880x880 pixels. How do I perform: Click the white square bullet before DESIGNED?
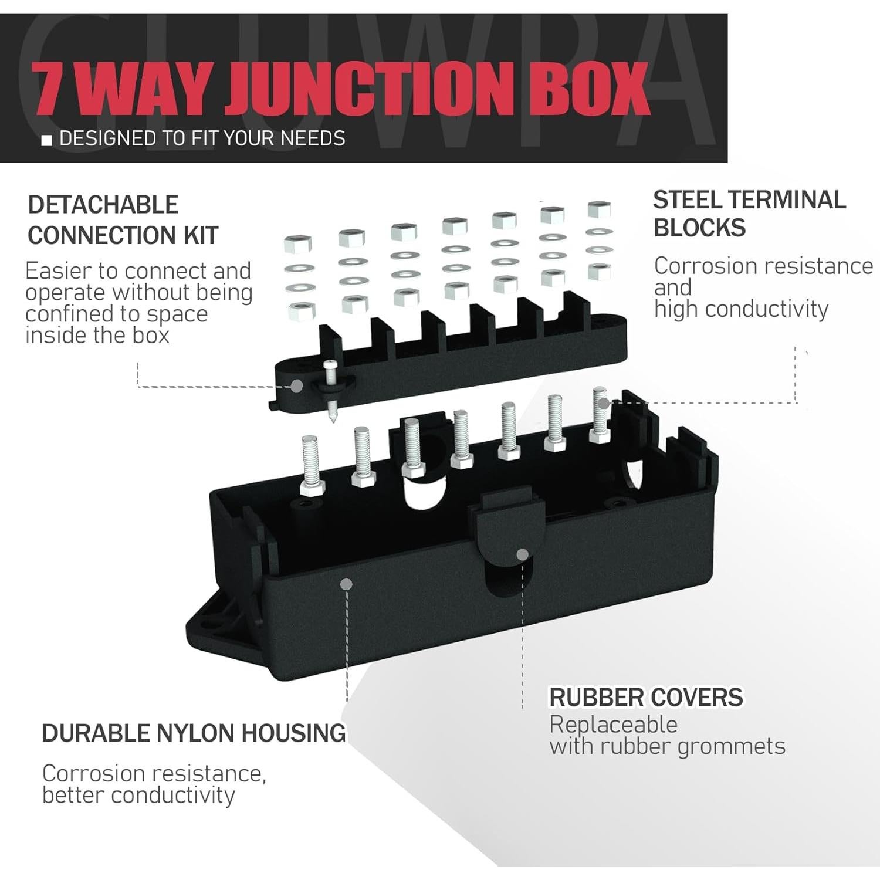tap(48, 140)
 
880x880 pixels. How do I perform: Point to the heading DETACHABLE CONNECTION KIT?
tap(123, 220)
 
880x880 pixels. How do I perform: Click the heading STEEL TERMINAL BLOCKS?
tap(749, 214)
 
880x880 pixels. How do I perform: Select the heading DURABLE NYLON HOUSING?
tap(194, 733)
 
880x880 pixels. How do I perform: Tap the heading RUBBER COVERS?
tap(646, 698)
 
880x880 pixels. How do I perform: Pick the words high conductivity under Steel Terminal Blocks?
tap(741, 309)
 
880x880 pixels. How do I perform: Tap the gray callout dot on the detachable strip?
tap(297, 386)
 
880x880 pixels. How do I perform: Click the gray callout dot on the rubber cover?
tap(522, 554)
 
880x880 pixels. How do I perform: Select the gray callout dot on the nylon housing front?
tap(346, 584)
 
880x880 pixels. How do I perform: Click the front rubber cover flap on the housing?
tap(507, 543)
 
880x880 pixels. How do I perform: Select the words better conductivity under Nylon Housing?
tap(138, 796)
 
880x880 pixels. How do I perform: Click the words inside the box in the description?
tap(97, 336)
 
